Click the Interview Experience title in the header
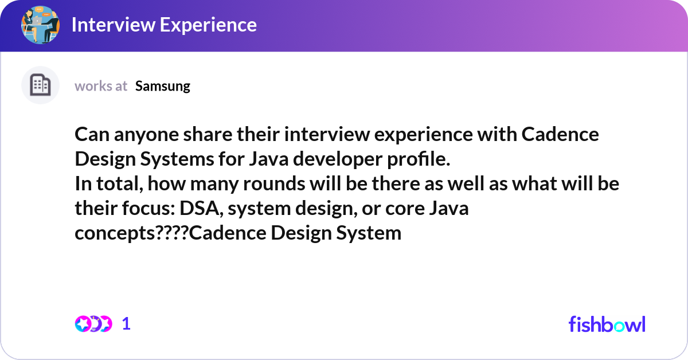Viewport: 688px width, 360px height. [164, 25]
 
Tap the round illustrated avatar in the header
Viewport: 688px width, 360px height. [41, 25]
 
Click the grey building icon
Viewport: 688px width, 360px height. [41, 86]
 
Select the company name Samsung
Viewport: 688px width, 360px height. [163, 86]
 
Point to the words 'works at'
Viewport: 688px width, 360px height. [101, 86]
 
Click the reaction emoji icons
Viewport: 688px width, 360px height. [93, 324]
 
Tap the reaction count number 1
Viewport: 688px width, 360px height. [126, 324]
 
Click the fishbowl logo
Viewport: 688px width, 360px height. [607, 324]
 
